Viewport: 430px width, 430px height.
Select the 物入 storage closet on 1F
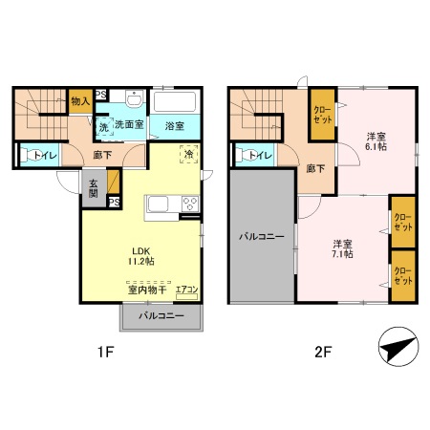tap(80, 99)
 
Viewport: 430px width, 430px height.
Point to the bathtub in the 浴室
tap(175, 102)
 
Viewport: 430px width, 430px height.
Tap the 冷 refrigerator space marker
tap(189, 154)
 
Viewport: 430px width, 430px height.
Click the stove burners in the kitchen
tap(189, 204)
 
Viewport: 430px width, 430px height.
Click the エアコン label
tap(187, 290)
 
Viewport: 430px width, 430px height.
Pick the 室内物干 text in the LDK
tap(147, 290)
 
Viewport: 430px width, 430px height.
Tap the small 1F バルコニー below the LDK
tap(161, 314)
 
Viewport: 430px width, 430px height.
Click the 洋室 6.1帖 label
tap(376, 142)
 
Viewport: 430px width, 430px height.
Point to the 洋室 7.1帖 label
tap(343, 248)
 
